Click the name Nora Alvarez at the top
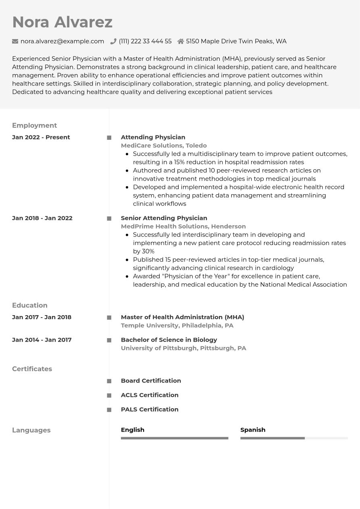(x=62, y=22)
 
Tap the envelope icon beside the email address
(x=15, y=41)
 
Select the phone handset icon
(x=113, y=41)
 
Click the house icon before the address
(x=181, y=41)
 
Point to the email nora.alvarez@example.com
(x=62, y=41)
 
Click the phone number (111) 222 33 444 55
(x=145, y=41)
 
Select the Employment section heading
(x=34, y=125)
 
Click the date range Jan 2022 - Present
(x=41, y=137)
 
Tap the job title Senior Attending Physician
(x=164, y=218)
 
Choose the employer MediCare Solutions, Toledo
(x=164, y=145)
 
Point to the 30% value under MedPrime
(x=148, y=251)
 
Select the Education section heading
(x=30, y=305)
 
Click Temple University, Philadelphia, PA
(x=177, y=325)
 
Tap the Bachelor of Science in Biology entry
(x=169, y=340)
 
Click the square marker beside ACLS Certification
(x=109, y=395)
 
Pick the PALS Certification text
(x=150, y=409)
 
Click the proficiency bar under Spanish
(x=293, y=438)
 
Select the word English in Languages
(x=132, y=430)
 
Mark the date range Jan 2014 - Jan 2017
(x=42, y=340)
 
